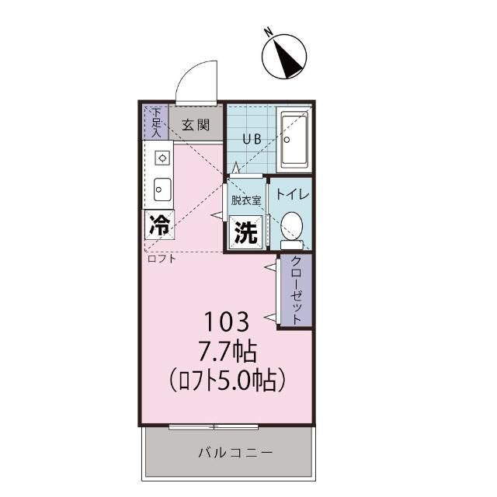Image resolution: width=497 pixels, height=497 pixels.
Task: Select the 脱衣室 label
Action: (x=245, y=199)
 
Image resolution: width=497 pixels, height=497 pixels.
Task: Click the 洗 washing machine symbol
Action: (x=245, y=233)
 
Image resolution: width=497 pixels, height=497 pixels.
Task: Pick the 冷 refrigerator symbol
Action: (x=158, y=225)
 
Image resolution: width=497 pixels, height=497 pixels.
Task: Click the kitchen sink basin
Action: (x=162, y=189)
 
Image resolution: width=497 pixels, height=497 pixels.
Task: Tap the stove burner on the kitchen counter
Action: (x=162, y=158)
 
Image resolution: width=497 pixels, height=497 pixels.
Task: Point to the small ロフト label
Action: (x=161, y=259)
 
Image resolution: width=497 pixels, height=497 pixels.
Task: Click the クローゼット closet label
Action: (x=296, y=290)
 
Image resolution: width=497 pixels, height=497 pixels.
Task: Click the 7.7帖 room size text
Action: (x=227, y=351)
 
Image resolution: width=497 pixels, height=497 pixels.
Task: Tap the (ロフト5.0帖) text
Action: (x=227, y=381)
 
